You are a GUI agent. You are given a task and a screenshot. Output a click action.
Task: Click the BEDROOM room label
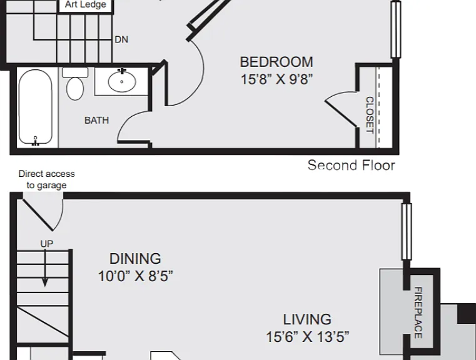coord(276,62)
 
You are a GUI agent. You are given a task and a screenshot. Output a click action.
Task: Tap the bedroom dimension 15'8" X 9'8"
coord(276,79)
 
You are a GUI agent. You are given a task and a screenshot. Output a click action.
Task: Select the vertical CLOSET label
coord(370,115)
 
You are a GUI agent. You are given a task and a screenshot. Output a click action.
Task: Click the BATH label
coord(96,121)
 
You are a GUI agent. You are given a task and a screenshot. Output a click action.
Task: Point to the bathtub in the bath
coord(36,107)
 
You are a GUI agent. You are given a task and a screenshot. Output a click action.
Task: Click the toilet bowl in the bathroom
coord(75,88)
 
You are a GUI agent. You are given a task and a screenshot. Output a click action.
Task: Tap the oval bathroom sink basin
coord(122,81)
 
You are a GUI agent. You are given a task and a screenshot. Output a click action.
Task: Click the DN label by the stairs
coord(121,39)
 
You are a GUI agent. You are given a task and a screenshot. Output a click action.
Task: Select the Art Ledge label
coord(85,4)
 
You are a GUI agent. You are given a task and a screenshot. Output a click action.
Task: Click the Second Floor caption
coord(352,165)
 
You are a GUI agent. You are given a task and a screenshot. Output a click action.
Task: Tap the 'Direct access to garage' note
coord(46,179)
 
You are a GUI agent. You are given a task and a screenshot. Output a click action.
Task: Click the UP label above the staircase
coord(47,244)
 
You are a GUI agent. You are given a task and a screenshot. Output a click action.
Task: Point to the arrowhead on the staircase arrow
coord(45,282)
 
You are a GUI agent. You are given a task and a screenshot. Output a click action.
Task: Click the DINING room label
coord(135,259)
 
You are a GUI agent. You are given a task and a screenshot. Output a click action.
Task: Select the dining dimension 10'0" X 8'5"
coord(135,276)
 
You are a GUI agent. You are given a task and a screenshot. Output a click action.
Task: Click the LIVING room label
coord(307,319)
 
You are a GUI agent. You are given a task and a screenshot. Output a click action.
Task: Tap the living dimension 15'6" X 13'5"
coord(308,337)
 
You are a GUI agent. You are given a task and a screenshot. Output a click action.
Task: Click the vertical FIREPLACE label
coord(418,312)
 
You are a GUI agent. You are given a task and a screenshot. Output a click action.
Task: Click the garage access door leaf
coord(38,215)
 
